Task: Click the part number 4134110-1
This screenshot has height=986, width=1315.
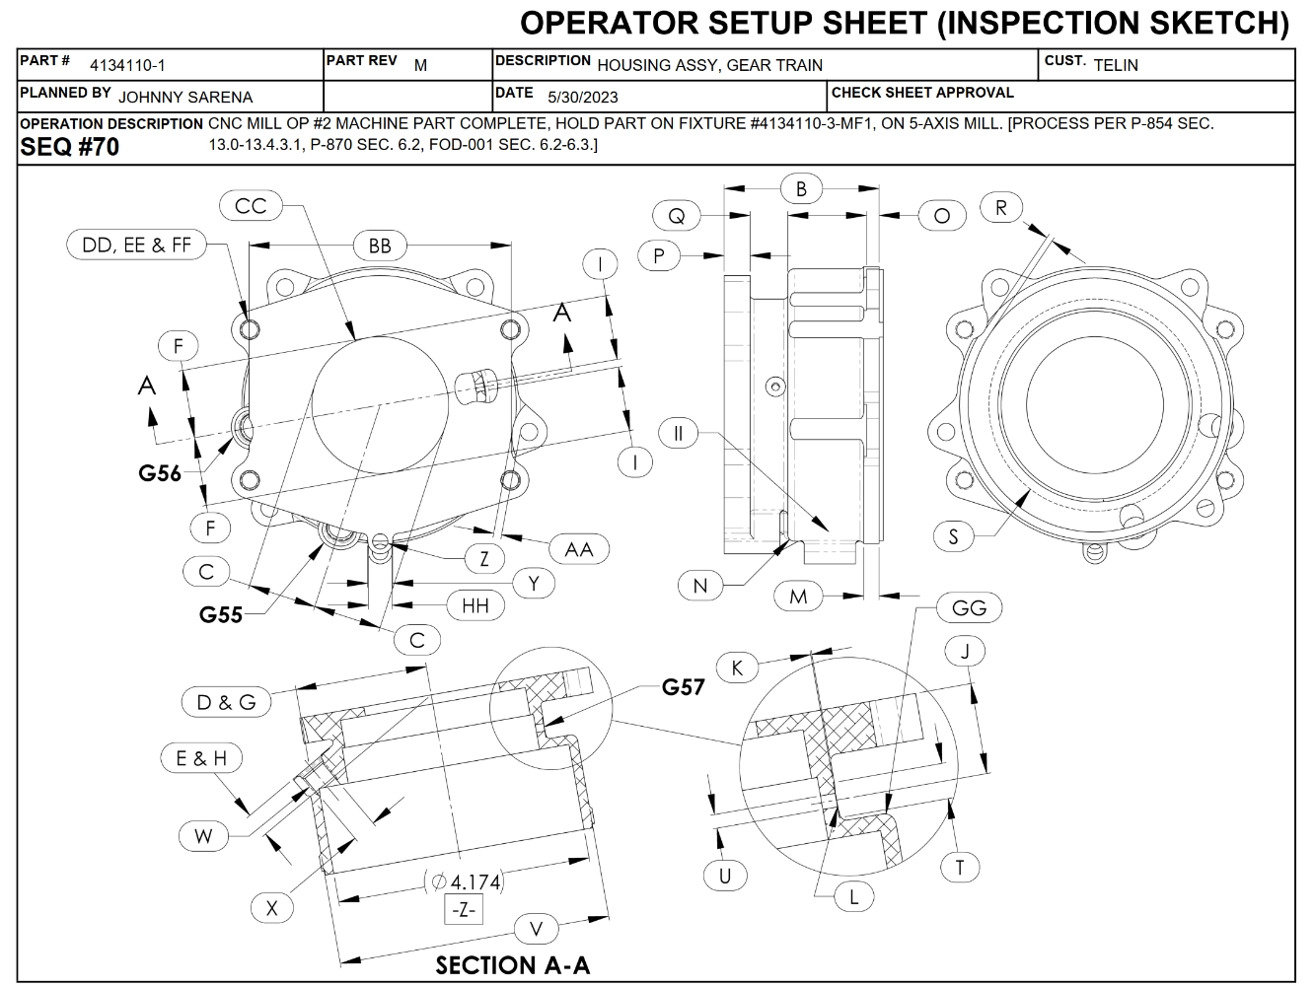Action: pos(127,66)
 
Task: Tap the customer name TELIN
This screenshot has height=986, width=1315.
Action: pos(1116,66)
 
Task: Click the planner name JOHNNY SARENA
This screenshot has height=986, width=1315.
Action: pos(185,98)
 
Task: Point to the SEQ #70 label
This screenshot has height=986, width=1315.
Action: pos(69,148)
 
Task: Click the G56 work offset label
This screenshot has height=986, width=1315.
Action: pos(160,473)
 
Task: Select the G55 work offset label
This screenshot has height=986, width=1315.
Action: pos(221,614)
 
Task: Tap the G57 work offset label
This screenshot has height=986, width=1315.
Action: pos(684,686)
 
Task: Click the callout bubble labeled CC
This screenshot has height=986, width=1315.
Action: pos(252,206)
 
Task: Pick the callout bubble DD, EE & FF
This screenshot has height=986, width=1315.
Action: pos(137,245)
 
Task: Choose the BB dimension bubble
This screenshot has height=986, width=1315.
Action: pos(380,246)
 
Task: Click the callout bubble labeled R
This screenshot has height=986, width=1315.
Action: pos(1001,208)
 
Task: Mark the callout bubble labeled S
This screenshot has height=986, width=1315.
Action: pos(954,536)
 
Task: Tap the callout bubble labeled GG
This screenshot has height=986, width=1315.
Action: pos(969,608)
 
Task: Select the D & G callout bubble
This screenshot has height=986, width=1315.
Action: pos(226,702)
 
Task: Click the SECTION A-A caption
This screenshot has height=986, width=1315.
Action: pos(513,964)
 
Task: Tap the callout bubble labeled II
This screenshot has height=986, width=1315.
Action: pos(679,433)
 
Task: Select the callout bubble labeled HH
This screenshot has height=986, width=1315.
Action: pos(475,605)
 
